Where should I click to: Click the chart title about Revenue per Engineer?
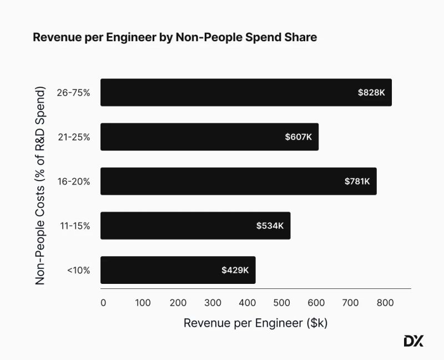(x=175, y=37)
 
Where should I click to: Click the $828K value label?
(x=371, y=92)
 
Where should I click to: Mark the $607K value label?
(x=299, y=137)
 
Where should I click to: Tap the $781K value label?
(x=357, y=181)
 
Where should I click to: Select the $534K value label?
(x=270, y=226)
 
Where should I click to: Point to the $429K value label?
(x=235, y=270)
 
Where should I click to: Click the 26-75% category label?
(x=73, y=92)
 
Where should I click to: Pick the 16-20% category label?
(x=74, y=181)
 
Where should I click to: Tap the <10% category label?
(x=78, y=271)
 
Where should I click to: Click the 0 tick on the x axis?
(x=103, y=303)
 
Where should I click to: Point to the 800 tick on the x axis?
(x=385, y=303)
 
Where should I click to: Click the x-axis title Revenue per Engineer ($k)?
(x=255, y=323)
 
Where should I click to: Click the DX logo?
(x=413, y=341)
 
